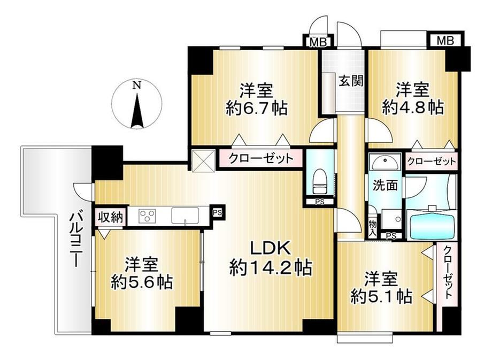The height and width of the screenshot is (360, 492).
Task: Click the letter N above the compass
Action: pos(136,85)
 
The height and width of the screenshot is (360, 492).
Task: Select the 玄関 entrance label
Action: pos(351,81)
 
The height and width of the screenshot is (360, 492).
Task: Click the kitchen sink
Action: pos(185,216)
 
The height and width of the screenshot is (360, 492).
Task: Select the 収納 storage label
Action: pos(111,217)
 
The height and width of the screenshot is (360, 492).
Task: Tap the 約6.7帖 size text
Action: pos(256,109)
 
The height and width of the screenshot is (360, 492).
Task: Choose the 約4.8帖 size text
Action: pos(413,108)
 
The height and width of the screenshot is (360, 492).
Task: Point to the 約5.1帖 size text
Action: pos(381,296)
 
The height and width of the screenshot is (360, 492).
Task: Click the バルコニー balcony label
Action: pos(75,240)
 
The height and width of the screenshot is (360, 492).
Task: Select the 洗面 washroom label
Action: pos(385,185)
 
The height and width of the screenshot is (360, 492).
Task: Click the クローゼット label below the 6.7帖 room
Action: pos(261,158)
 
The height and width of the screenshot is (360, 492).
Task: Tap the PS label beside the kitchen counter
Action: pos(217,212)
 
